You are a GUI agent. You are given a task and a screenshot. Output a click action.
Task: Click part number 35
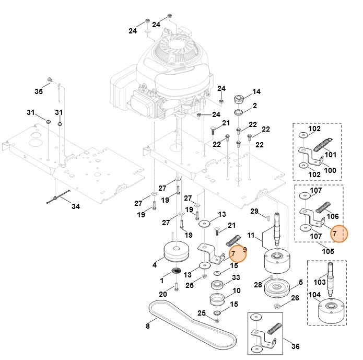(39, 91)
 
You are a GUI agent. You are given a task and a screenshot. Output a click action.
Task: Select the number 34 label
(76, 206)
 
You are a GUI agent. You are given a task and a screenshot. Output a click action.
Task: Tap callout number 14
(256, 92)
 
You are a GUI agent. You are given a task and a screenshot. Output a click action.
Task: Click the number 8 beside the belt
(147, 327)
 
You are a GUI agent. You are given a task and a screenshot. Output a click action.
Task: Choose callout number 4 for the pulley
(155, 265)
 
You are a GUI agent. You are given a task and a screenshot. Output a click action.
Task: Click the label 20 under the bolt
(163, 294)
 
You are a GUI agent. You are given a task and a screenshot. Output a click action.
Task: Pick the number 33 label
(236, 277)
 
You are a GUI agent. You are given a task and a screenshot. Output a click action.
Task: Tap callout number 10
(236, 291)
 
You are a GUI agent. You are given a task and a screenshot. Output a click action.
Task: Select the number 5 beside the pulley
(300, 283)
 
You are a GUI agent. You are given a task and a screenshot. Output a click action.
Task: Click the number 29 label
(254, 211)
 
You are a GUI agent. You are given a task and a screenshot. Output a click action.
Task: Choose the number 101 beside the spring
(331, 155)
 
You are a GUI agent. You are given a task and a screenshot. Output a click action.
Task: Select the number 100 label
(331, 170)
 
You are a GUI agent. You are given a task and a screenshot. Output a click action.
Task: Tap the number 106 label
(333, 216)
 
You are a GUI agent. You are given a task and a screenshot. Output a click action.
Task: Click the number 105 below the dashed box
(327, 251)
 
